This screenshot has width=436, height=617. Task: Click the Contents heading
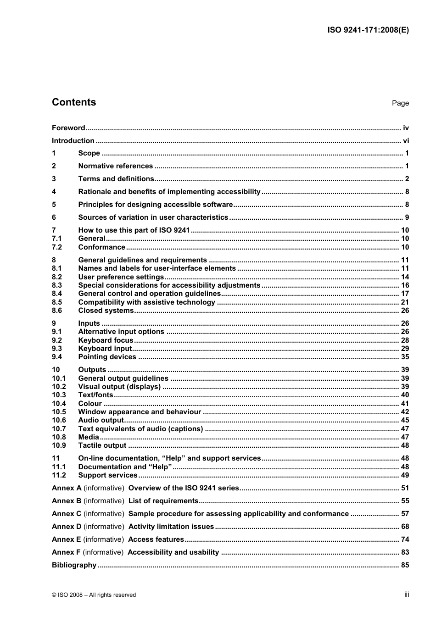(74, 102)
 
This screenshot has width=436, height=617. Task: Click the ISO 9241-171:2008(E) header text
(368, 30)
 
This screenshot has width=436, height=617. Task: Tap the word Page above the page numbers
(400, 103)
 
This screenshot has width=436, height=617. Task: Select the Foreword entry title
(68, 128)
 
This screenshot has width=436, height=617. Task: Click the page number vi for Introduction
(406, 141)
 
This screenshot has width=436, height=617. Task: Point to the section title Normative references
(115, 166)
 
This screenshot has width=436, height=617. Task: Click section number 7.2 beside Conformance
(57, 247)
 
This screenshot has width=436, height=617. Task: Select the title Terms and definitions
(116, 179)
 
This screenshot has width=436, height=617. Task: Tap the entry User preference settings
(121, 277)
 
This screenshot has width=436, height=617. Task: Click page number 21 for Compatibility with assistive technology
(405, 302)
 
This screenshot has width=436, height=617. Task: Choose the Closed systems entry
(106, 311)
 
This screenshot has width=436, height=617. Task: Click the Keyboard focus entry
(106, 340)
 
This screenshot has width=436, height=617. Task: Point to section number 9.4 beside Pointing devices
(57, 357)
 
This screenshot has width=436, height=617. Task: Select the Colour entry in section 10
(90, 404)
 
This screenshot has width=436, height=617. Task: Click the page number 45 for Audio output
(405, 420)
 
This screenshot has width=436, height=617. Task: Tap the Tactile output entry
(102, 445)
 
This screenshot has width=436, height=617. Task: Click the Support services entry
(108, 475)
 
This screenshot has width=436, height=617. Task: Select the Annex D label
(67, 527)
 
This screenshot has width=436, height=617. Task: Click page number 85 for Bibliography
(405, 565)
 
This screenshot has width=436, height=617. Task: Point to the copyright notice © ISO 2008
(94, 595)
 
